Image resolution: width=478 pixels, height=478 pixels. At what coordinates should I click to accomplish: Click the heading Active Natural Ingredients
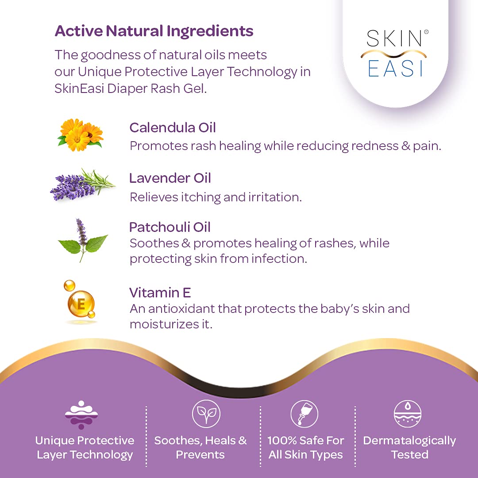click(x=154, y=31)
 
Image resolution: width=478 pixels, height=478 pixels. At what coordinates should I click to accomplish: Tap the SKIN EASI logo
click(x=395, y=54)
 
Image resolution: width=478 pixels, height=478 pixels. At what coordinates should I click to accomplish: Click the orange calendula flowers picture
click(x=81, y=135)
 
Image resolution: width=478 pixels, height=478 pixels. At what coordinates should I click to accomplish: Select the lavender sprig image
click(x=82, y=185)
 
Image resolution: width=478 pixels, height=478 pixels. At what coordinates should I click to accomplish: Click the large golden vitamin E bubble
click(x=81, y=304)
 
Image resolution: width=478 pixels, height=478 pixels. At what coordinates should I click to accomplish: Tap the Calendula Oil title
click(x=173, y=127)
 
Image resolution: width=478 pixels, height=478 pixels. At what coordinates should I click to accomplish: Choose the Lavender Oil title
click(x=170, y=178)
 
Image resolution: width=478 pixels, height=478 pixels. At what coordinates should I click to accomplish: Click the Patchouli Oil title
click(x=170, y=227)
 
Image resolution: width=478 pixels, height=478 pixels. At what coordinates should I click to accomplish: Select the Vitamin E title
click(x=160, y=293)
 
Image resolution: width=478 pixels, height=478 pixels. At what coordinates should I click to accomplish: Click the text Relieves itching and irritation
click(x=216, y=197)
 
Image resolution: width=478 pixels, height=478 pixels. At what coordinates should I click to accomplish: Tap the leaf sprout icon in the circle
click(x=206, y=414)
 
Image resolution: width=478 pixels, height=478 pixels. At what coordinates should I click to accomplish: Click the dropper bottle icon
click(x=304, y=414)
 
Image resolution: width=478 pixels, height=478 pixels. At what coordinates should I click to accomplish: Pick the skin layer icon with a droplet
click(x=408, y=414)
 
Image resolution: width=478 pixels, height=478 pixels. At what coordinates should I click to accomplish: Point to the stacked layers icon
click(x=81, y=415)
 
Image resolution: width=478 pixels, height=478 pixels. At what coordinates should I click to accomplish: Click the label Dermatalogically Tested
click(x=409, y=447)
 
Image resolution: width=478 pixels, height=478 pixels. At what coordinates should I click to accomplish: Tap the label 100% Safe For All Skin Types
click(x=305, y=447)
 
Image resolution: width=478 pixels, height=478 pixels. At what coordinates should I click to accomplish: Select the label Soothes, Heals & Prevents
click(x=200, y=447)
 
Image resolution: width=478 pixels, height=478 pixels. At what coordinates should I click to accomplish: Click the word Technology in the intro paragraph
click(x=262, y=72)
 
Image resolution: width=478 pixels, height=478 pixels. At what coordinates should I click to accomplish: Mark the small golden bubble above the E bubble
click(x=69, y=285)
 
